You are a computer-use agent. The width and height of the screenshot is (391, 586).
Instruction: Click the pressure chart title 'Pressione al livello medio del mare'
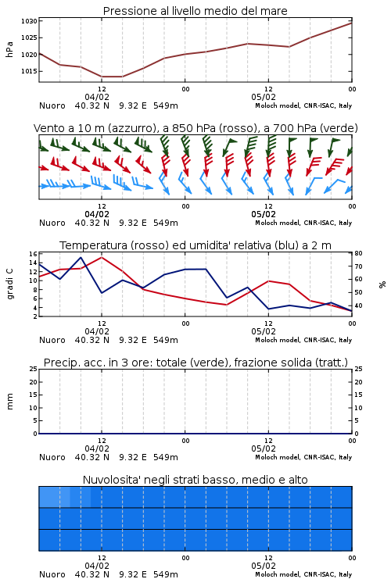pos(195,11)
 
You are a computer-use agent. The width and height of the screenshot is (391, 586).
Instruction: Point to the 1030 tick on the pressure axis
pos(29,21)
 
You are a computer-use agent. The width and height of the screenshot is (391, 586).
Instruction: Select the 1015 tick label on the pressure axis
pos(29,71)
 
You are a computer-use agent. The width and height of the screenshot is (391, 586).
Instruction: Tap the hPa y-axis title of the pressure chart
pos(9,49)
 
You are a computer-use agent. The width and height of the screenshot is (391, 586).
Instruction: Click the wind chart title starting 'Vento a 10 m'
pos(195,128)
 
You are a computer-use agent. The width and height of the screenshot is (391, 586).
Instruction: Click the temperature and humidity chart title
pos(195,245)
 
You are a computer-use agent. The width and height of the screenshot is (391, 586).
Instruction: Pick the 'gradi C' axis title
pos(10,284)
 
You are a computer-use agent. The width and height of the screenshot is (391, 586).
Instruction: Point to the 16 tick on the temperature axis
pos(33,254)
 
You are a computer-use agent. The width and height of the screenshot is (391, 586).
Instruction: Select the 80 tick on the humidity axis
pos(358,253)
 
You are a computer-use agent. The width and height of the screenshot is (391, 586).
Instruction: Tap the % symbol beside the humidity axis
pos(382,284)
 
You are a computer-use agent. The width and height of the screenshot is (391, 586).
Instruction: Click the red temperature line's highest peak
pos(102,257)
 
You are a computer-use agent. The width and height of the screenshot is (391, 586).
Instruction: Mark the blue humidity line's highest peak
pos(81,257)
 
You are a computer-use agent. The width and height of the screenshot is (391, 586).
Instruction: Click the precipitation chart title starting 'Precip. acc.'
pos(195,363)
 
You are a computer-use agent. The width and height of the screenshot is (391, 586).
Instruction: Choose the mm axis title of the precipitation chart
pos(9,402)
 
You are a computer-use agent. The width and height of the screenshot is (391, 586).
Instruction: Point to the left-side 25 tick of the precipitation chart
pos(34,369)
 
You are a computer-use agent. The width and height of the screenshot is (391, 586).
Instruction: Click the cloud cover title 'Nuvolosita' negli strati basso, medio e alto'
pos(195,480)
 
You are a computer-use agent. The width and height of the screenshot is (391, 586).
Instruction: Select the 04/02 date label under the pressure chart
pos(97,97)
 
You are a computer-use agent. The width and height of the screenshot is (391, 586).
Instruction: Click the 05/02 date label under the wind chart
pos(264,215)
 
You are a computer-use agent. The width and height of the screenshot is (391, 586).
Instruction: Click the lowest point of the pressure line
pos(112,77)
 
